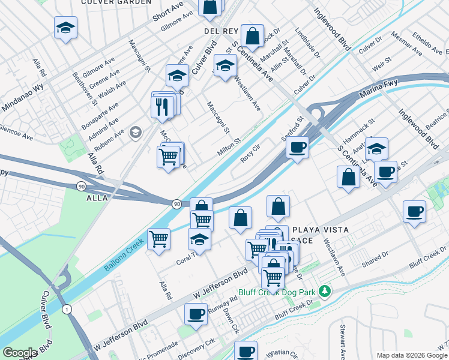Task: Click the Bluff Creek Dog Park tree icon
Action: click(x=325, y=292)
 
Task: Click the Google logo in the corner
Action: click(x=19, y=353)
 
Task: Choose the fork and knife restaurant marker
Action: click(x=162, y=106)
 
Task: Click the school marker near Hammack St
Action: click(x=376, y=148)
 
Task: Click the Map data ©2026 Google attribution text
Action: click(x=412, y=355)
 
